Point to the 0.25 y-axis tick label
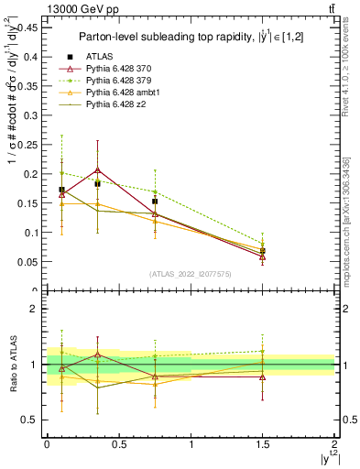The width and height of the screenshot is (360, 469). (26, 144)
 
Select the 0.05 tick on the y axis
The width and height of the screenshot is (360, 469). (26, 261)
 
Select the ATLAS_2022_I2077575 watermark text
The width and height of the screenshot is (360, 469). (191, 273)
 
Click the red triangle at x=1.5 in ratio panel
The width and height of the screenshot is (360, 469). (263, 376)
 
